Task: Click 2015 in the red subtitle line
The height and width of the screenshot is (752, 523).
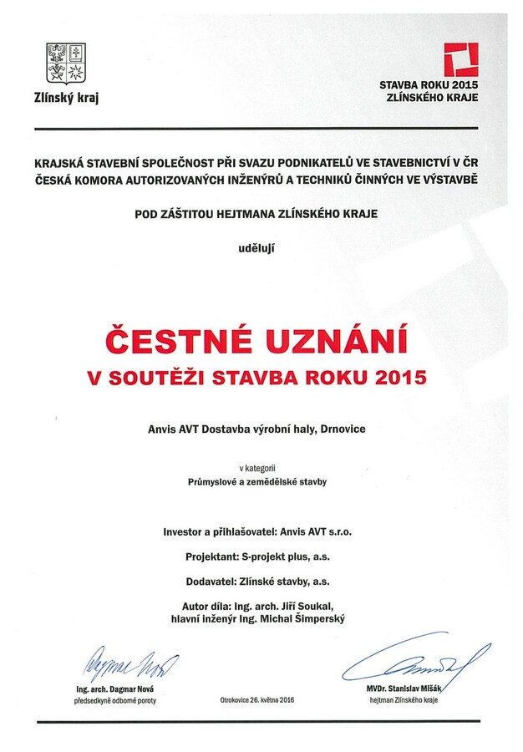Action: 401,378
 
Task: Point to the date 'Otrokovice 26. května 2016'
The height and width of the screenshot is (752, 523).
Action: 257,699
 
